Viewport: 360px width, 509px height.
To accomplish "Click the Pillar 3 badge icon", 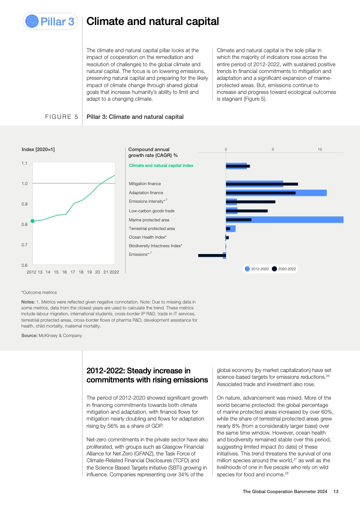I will pyautogui.click(x=33, y=21).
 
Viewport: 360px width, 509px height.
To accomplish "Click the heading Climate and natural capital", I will pyautogui.click(x=153, y=21).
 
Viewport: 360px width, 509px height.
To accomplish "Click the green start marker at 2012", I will pyautogui.click(x=32, y=221).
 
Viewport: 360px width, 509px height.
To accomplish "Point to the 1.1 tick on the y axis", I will pyautogui.click(x=25, y=163).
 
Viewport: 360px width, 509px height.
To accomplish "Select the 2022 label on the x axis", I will pyautogui.click(x=114, y=272).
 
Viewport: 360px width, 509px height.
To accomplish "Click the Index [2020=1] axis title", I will pyautogui.click(x=38, y=149).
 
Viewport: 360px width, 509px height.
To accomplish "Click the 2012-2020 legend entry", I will pyautogui.click(x=257, y=269).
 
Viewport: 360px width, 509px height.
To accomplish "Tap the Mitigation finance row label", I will pyautogui.click(x=145, y=184).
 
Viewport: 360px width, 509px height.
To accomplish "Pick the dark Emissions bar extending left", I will pyautogui.click(x=212, y=255).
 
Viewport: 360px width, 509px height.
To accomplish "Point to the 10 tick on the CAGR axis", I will pyautogui.click(x=320, y=149).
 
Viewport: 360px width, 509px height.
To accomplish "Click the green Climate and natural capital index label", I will pyautogui.click(x=161, y=166).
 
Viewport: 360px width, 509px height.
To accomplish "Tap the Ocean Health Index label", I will pyautogui.click(x=148, y=237).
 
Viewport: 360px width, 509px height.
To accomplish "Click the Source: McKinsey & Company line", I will pyautogui.click(x=52, y=335).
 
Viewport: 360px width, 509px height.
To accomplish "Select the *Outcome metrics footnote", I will pyautogui.click(x=39, y=292).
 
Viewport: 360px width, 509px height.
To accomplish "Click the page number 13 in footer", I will pyautogui.click(x=336, y=492).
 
